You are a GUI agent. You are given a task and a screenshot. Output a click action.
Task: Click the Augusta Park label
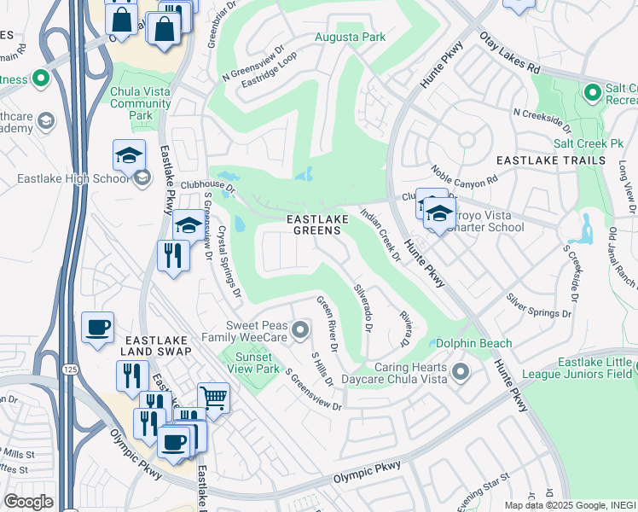point(350,37)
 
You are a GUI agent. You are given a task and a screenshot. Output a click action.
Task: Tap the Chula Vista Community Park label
point(140,103)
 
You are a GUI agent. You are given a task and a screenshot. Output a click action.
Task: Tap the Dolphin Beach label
point(474,344)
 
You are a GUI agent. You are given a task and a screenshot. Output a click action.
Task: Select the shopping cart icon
point(213,397)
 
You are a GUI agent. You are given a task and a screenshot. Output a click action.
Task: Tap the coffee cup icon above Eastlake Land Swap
point(98,327)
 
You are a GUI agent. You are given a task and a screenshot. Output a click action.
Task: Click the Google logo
point(28,501)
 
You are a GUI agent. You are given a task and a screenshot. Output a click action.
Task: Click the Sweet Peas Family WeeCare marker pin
point(299,329)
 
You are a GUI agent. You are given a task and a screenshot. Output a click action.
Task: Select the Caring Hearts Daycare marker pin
point(461,371)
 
